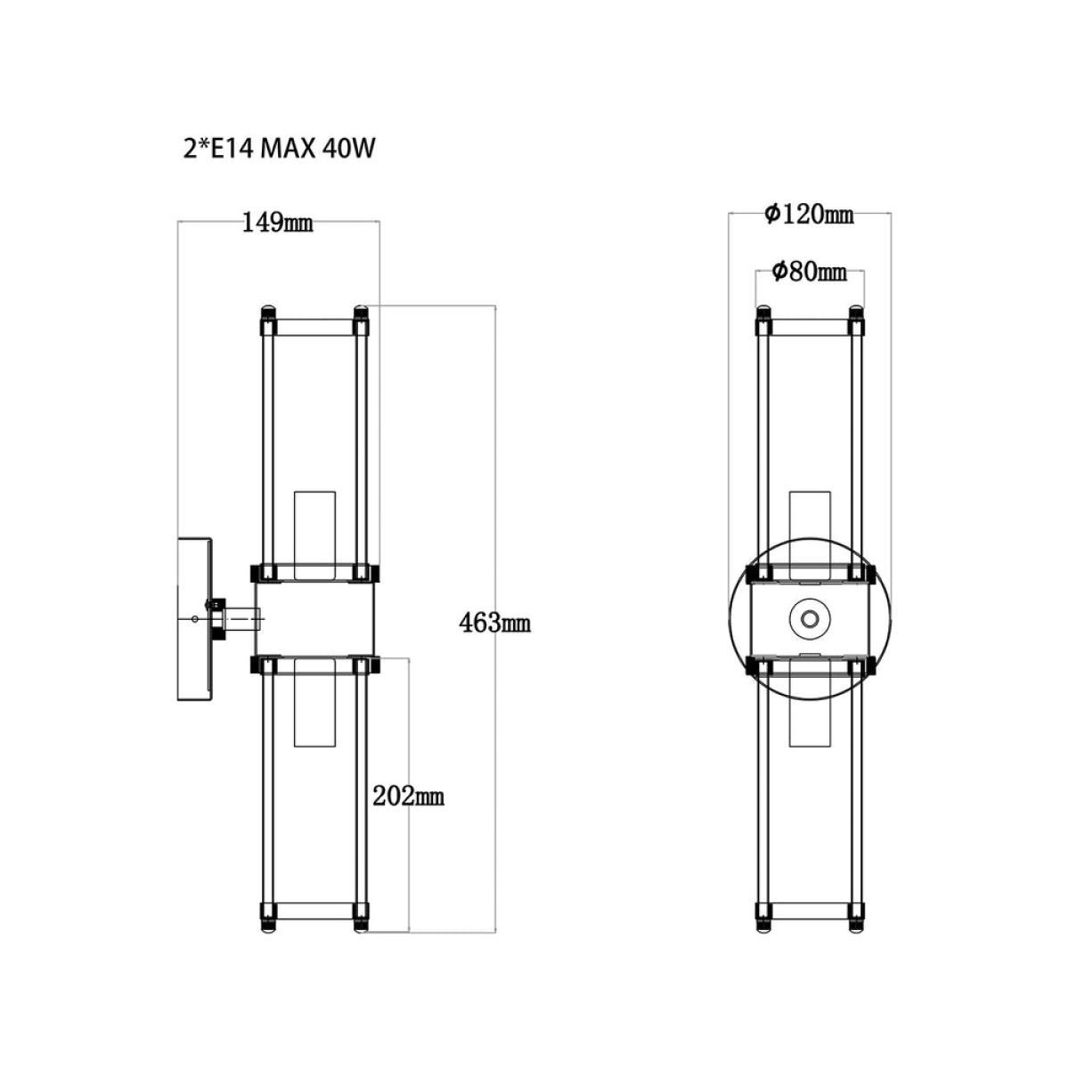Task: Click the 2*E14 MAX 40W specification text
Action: (x=279, y=149)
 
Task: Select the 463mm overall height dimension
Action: (x=494, y=624)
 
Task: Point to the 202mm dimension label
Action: (x=408, y=796)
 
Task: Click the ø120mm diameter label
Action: (x=808, y=214)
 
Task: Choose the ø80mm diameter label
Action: (x=810, y=272)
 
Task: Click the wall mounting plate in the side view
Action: (x=194, y=618)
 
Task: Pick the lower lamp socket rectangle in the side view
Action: (x=315, y=702)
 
